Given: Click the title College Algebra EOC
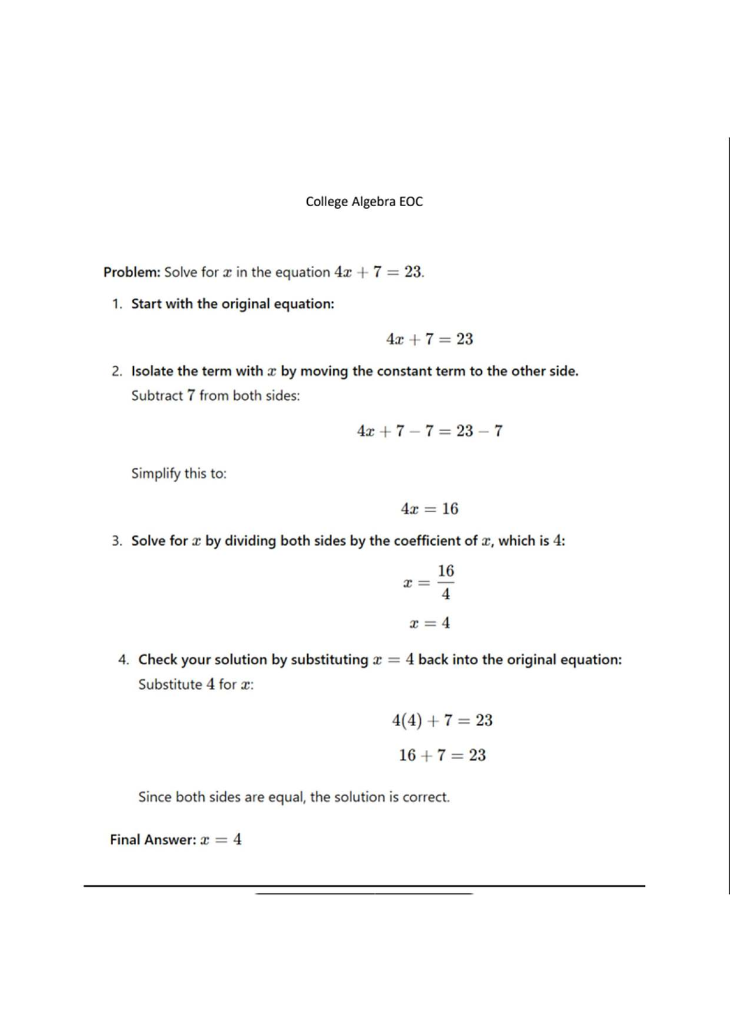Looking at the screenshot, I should click(x=364, y=201).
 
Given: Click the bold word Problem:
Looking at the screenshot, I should click(x=131, y=272).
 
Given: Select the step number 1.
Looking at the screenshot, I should click(x=116, y=303).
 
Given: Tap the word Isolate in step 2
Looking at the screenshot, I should click(x=152, y=371).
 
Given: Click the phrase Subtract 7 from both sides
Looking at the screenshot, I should click(x=215, y=396).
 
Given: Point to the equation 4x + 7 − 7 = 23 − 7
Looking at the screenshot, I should click(x=429, y=431).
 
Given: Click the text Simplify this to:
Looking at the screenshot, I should click(x=179, y=473).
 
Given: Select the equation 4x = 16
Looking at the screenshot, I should click(x=429, y=509).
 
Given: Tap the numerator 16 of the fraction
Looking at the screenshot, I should click(x=446, y=571).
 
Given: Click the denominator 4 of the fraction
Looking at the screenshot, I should click(x=446, y=594).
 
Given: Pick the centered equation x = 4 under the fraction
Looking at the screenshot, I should click(x=429, y=623).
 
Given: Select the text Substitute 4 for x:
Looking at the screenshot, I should click(x=196, y=685).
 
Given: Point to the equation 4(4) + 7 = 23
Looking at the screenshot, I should click(x=442, y=721).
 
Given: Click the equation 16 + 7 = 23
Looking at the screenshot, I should click(x=442, y=755).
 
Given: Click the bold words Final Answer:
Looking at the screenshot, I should click(x=153, y=840).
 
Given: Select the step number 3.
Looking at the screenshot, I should click(x=116, y=541).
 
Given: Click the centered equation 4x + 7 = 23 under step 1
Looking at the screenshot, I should click(x=429, y=339).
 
